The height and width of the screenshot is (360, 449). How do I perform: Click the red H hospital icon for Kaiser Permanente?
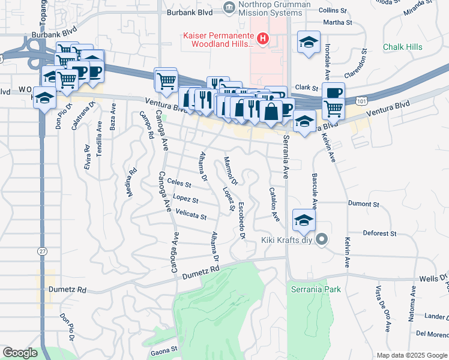coord(262,40)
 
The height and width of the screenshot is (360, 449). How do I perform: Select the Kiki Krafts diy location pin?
coord(321,240)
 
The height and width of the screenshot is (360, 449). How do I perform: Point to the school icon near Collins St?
coord(309,42)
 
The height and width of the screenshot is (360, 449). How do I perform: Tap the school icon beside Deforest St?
coord(304,220)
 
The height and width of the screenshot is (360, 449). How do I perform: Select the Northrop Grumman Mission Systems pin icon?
coord(228,8)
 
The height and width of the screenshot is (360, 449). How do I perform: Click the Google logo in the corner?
coord(20,353)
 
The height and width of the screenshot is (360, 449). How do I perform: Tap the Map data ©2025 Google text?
coord(411,355)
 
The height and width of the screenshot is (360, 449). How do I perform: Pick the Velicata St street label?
coord(191,214)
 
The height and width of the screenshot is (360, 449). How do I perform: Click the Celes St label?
coord(179,182)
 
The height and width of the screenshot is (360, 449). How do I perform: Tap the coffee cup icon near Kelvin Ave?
coord(333,92)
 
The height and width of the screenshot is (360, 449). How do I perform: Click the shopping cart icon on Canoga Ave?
coord(166,79)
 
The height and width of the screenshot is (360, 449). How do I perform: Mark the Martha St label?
coord(339,23)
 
